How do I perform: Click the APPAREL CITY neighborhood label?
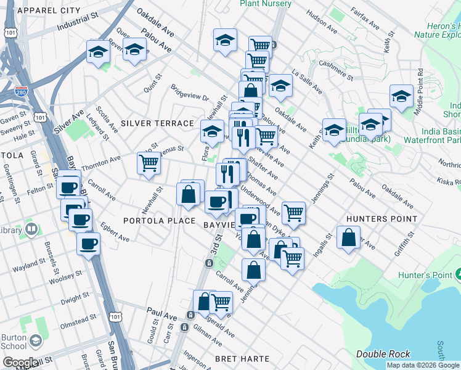51,10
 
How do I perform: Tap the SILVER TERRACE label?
157,123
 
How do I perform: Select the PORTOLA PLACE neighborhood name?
159,221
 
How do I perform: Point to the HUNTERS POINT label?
381,219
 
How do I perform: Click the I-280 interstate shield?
21,92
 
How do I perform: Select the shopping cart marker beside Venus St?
149,163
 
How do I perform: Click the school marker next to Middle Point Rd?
401,96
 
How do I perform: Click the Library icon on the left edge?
31,230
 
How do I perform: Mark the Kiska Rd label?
446,181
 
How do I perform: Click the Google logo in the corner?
20,363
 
